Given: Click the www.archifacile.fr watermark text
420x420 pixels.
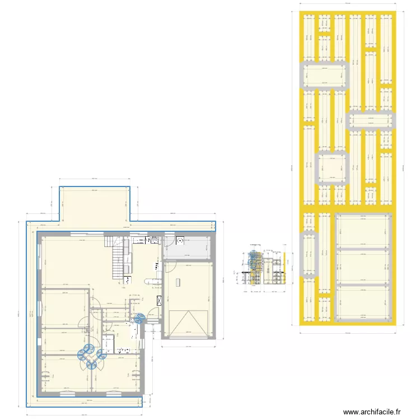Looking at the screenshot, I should [x=372, y=412].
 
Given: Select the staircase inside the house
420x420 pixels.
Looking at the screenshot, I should [x=118, y=258].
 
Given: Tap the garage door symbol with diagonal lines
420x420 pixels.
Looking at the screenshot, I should [x=187, y=323].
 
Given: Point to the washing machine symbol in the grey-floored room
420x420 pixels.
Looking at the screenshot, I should [x=180, y=241].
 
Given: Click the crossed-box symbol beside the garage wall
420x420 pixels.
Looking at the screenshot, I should [x=160, y=300].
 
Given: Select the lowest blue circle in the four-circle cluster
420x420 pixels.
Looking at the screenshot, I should [x=91, y=365].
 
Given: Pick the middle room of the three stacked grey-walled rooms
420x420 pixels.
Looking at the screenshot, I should [x=363, y=266].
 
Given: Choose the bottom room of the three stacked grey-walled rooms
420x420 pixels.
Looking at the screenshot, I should [x=363, y=303].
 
